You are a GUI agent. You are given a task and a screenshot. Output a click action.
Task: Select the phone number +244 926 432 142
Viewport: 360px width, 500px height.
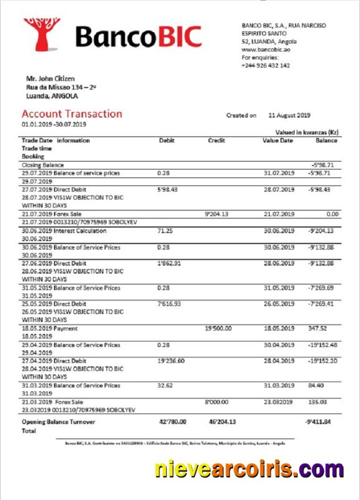click(266, 65)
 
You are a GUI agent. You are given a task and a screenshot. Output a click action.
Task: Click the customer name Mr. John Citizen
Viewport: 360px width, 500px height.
click(51, 78)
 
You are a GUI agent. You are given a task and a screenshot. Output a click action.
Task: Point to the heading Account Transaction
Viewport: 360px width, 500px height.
click(72, 114)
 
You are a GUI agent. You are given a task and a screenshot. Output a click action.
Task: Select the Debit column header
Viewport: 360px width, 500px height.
click(167, 141)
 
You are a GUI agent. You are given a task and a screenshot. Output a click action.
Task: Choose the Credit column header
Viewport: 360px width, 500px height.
click(216, 141)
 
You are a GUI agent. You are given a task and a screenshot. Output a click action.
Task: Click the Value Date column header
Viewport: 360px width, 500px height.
click(278, 141)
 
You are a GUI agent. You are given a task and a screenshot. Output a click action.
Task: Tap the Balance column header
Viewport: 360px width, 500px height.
click(326, 141)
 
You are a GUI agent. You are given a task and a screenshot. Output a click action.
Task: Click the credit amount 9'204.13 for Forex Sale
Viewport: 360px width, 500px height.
click(216, 214)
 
